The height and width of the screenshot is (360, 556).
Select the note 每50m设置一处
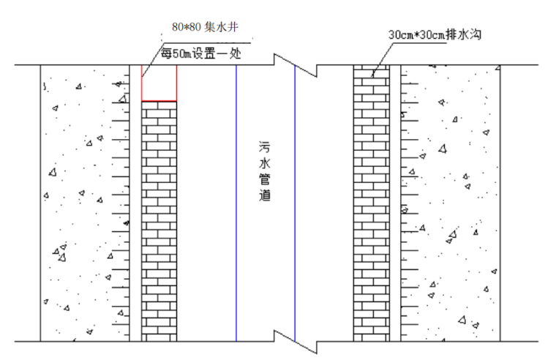200,53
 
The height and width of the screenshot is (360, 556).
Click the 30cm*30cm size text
415,34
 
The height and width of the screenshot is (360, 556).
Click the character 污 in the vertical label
265,146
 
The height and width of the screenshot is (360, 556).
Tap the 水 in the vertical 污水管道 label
265,163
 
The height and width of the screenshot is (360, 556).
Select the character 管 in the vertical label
265,180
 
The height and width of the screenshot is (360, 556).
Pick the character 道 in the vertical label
265,197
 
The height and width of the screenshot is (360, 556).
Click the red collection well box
159,83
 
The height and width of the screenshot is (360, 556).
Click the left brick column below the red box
159,220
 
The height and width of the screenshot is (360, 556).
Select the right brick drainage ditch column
371,205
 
